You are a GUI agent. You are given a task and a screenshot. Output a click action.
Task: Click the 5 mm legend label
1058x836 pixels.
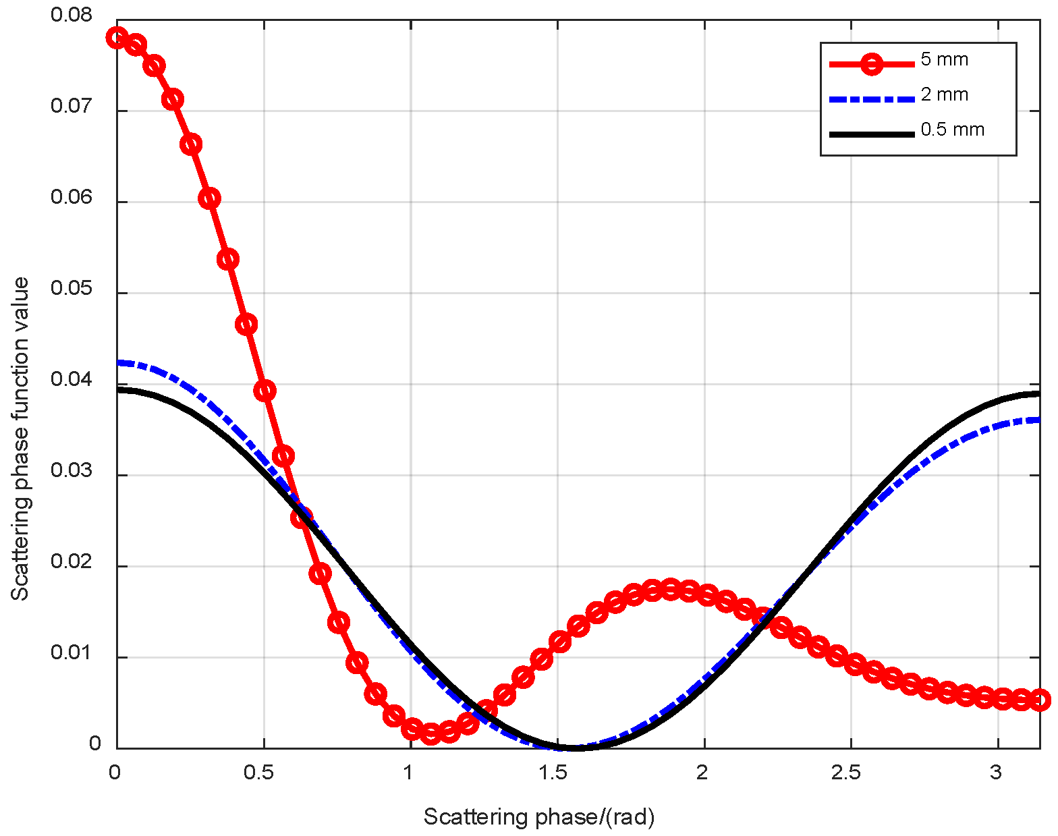pos(944,59)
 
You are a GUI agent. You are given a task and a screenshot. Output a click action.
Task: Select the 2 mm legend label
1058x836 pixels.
pos(944,94)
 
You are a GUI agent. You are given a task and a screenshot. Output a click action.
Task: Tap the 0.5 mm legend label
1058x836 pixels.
pos(952,130)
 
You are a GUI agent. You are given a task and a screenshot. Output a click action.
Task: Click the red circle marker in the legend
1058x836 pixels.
pos(872,65)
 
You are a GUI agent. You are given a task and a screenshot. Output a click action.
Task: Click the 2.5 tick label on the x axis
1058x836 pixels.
pos(846,773)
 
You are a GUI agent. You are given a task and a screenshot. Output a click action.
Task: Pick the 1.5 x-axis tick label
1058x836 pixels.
pos(553,773)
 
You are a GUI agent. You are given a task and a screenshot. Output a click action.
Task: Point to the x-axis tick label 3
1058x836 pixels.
pos(996,773)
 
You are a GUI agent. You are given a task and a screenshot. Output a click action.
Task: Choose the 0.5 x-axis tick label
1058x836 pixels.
pos(258,773)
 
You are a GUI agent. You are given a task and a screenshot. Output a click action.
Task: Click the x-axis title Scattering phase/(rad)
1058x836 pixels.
pos(538,817)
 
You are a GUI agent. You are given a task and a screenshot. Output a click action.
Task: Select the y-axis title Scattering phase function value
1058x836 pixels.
pos(20,439)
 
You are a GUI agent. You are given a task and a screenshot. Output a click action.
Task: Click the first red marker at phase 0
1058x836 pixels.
pos(117,37)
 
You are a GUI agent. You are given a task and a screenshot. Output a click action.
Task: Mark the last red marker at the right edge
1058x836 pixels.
pos(1040,700)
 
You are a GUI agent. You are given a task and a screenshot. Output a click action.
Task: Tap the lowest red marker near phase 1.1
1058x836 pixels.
pos(430,733)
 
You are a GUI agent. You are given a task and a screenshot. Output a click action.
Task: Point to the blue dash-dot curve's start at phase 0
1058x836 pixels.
pos(119,362)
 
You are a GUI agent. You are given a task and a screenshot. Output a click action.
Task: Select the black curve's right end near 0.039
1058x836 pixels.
pos(1038,393)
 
